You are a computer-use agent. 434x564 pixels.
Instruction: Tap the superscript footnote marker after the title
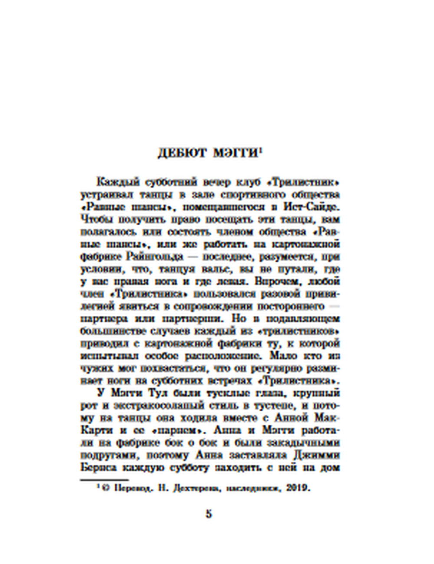point(261,150)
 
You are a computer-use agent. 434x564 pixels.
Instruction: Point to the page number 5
point(209,515)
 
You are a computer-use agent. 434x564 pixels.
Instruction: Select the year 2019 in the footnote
point(298,488)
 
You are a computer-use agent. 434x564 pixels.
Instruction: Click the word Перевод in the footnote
point(129,488)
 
